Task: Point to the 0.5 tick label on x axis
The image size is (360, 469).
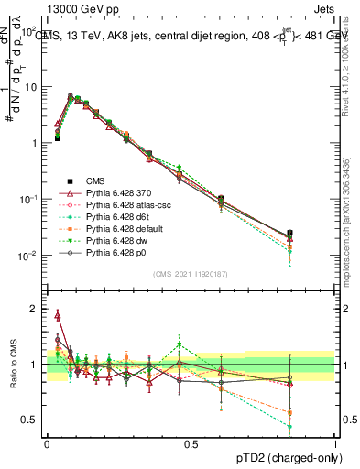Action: pyautogui.click(x=191, y=442)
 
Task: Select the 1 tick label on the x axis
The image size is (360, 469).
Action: pyautogui.click(x=334, y=442)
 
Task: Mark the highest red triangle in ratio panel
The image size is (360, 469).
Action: pyautogui.click(x=58, y=316)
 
